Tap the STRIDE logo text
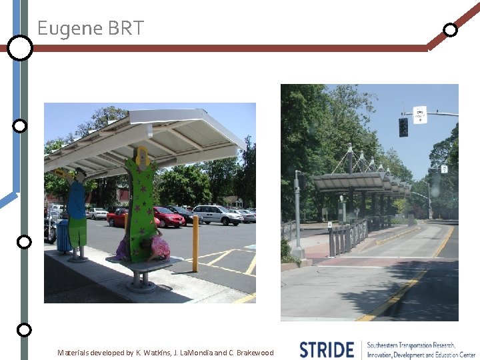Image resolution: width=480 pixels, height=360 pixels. coord(327,349)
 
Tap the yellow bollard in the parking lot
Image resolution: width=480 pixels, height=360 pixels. coord(195,243)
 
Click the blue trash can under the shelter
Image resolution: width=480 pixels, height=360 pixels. coord(64,236)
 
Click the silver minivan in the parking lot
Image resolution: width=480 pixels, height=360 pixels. coord(217,214)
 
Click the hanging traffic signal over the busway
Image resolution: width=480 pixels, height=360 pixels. coord(403,127)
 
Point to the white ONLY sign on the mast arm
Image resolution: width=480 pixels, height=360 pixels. coord(420,115)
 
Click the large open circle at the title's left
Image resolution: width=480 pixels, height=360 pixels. coord(21,48)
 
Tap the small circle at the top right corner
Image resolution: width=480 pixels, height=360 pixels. coord(451,29)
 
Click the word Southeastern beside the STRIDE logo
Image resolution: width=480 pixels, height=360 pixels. coord(389,345)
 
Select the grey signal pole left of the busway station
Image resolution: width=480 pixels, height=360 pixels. coord(298,213)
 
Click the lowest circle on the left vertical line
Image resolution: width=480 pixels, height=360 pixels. coord(24,329)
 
